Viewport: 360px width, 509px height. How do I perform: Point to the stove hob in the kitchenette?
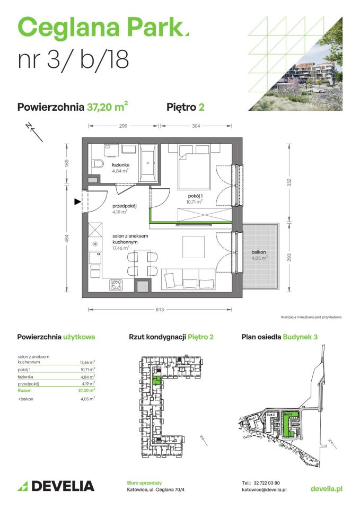pos(116,285)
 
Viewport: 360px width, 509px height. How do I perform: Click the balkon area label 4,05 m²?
pos(259,258)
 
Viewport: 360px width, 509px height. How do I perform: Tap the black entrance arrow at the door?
pos(77,201)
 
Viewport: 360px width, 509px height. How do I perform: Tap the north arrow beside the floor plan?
pos(35,131)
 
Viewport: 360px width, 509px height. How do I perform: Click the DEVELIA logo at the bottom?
pos(56,486)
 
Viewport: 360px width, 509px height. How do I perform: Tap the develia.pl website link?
pos(326,488)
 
